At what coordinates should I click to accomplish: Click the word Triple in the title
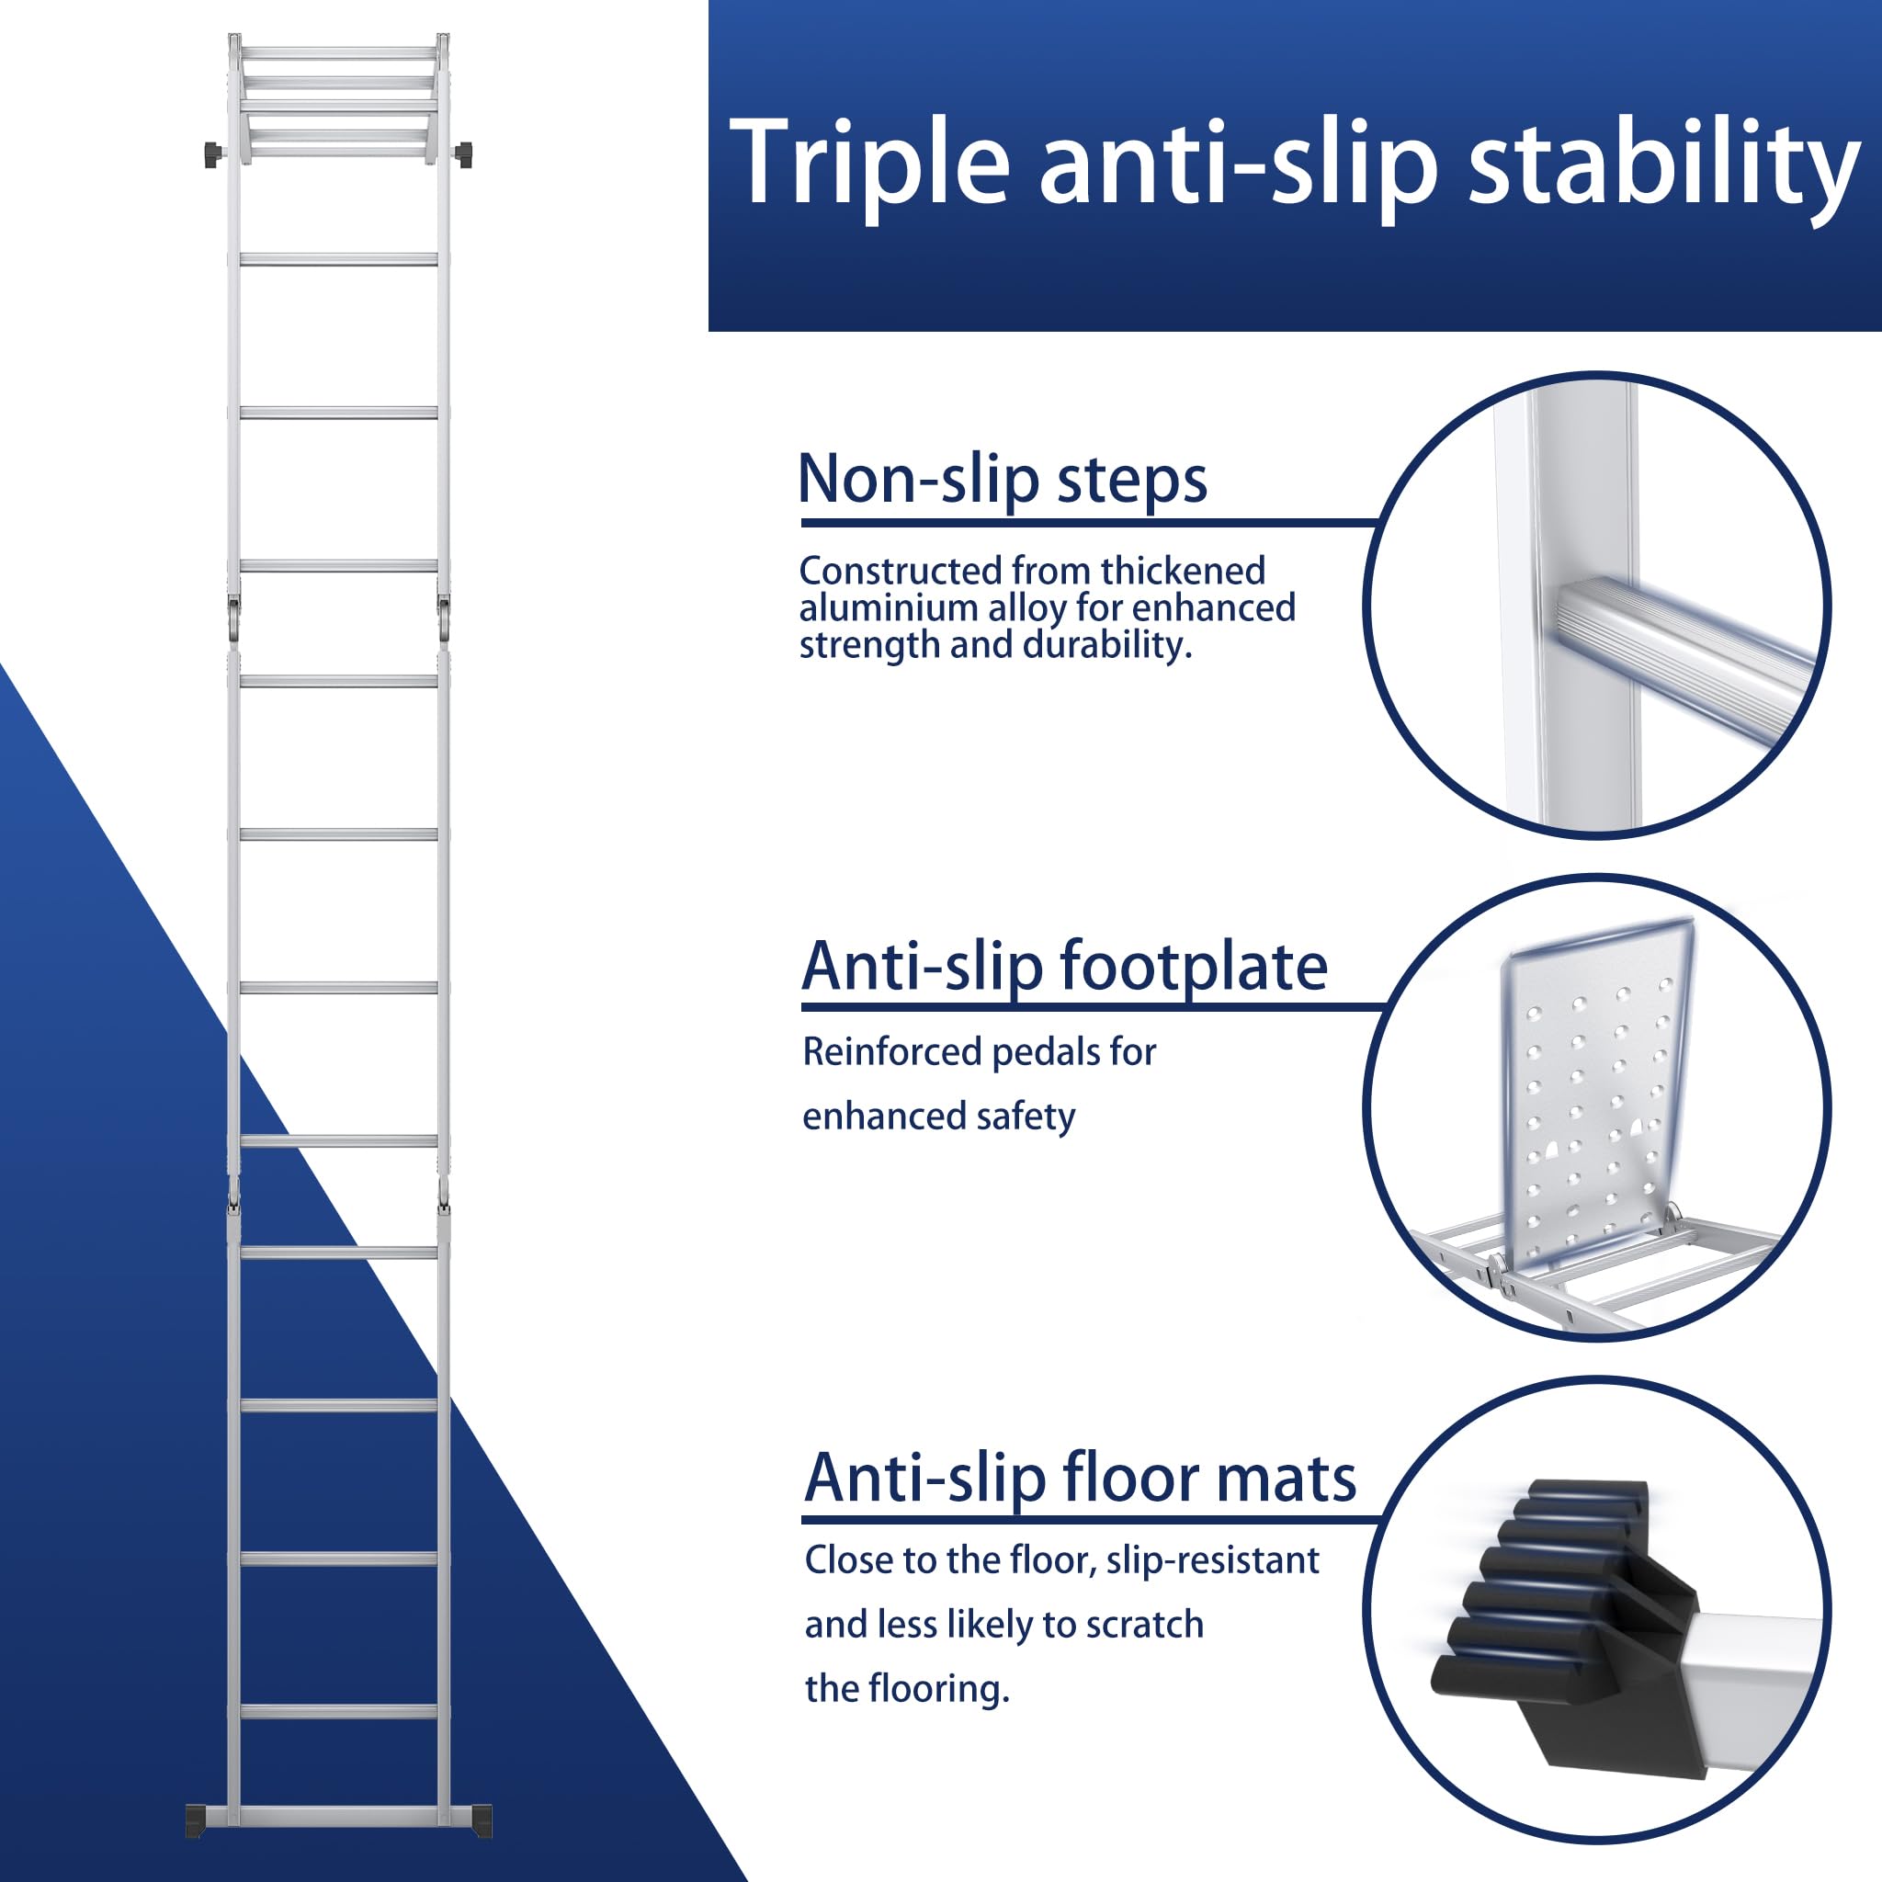tap(869, 164)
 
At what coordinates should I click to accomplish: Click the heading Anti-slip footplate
tap(1065, 968)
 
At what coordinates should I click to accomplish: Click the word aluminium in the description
tap(890, 607)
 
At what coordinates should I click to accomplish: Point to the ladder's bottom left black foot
tap(196, 1820)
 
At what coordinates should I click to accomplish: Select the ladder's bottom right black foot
tap(482, 1820)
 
